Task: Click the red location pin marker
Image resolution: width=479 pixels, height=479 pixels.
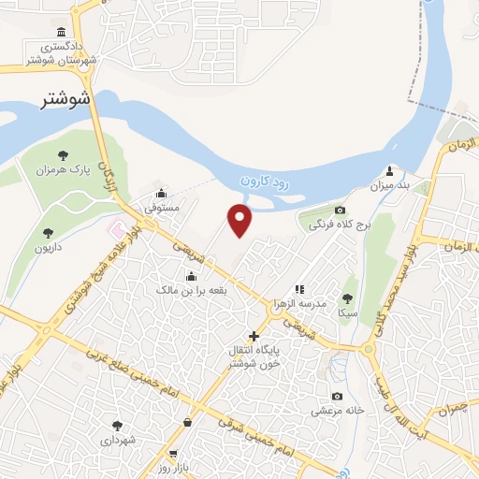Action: pos(240,220)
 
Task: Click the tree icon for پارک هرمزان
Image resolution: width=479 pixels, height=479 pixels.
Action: pos(63,155)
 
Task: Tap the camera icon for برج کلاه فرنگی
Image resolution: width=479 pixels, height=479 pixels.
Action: pos(340,210)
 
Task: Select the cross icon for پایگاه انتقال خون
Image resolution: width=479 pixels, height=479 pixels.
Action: pos(253,335)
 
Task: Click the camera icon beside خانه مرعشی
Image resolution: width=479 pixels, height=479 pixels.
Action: pos(337,397)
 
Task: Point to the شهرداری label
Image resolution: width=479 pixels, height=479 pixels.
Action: pos(117,439)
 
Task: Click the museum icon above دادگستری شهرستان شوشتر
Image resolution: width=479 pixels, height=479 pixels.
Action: pos(62,32)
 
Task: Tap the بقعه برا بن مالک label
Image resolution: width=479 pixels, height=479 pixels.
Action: pos(192,291)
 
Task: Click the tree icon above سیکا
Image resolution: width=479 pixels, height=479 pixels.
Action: pos(348,298)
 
